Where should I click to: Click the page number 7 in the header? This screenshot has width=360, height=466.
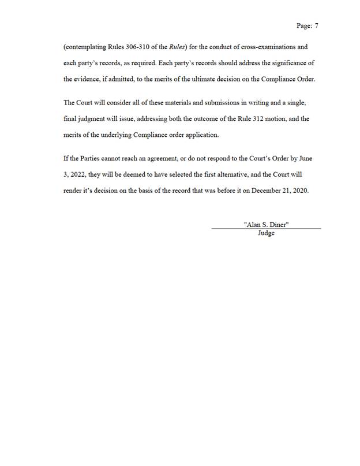317,26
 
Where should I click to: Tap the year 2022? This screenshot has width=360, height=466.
77,174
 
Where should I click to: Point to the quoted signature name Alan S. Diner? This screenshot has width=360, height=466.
266,224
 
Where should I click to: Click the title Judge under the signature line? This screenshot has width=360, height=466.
266,233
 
